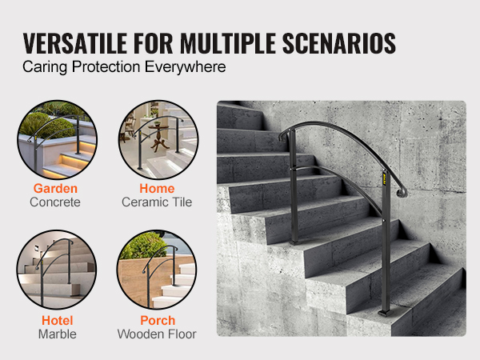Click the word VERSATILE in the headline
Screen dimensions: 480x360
pos(75,43)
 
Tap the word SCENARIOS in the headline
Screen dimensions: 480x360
pos(339,43)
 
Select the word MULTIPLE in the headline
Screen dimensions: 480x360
pos(227,43)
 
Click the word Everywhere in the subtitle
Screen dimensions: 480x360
pos(186,67)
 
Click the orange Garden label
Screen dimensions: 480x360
pos(55,189)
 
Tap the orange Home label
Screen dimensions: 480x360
pos(157,189)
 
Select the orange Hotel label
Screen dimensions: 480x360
pos(58,321)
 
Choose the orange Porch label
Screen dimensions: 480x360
pos(158,321)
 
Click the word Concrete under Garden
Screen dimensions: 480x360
pos(55,202)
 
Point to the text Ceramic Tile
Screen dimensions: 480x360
pos(157,202)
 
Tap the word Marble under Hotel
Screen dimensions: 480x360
pos(58,334)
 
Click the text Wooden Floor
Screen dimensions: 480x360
pos(157,334)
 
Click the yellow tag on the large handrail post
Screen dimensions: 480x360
pos(385,179)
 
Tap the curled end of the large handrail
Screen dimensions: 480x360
pos(401,193)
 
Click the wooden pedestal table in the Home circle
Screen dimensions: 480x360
pos(159,136)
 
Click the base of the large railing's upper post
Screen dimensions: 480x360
pos(294,242)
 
